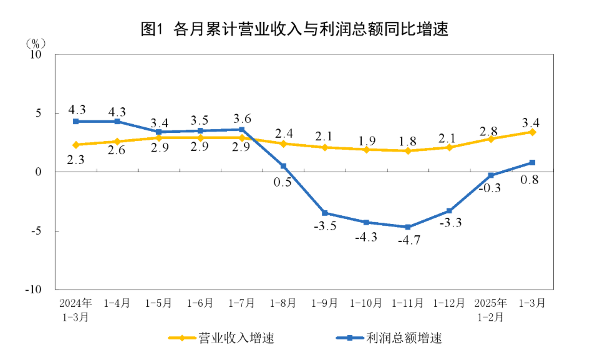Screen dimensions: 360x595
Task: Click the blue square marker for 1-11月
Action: [408, 227]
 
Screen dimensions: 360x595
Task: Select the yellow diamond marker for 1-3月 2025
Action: [532, 132]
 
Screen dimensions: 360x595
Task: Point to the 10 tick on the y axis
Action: [35, 54]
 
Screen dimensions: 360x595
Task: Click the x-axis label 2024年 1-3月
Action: [75, 309]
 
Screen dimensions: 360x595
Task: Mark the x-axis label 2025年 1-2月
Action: [491, 309]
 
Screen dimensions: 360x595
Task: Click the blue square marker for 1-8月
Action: [283, 166]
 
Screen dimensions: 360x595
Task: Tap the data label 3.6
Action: [241, 119]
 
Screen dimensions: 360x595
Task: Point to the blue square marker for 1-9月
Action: [325, 213]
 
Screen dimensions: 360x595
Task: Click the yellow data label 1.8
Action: [408, 140]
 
